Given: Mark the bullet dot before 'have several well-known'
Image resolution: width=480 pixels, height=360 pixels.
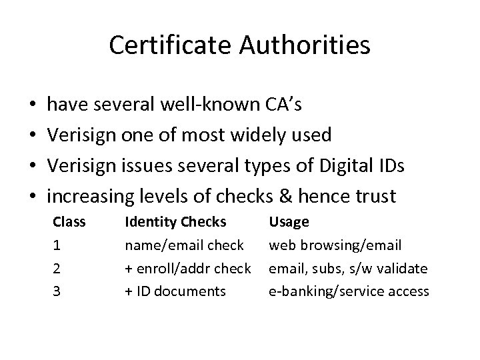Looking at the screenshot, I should click(x=33, y=106).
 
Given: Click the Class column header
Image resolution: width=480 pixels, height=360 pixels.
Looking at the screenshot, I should click(x=69, y=221).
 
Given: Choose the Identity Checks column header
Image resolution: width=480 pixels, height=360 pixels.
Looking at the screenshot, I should click(x=176, y=221).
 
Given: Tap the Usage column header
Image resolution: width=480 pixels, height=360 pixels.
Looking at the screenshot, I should click(x=289, y=221).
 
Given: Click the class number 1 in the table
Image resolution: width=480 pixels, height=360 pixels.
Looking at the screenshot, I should click(x=57, y=245).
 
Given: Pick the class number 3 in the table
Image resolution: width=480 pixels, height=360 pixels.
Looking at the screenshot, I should click(x=57, y=291).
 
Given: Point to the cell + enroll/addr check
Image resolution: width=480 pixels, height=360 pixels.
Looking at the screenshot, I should click(x=188, y=268).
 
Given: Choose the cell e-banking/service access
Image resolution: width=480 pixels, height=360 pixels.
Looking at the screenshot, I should click(x=349, y=291).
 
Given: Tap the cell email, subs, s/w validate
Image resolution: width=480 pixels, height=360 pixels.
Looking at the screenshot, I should click(x=347, y=268).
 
